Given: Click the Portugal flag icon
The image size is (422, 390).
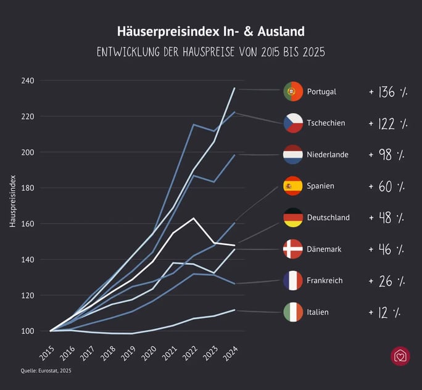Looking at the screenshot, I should (292, 91).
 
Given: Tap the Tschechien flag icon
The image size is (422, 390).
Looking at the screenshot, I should (292, 123).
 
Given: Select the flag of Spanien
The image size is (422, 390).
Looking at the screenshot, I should (292, 186).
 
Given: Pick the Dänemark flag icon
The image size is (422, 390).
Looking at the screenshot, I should (292, 249).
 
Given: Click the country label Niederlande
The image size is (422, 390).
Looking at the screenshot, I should (328, 154).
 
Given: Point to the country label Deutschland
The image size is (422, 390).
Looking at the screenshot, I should (328, 217).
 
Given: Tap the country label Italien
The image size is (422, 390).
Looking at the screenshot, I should (318, 312).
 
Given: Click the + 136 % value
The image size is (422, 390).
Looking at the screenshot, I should (388, 92).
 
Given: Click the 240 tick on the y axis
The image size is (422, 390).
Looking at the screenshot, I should (27, 81).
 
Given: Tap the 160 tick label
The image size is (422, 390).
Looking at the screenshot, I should (27, 224).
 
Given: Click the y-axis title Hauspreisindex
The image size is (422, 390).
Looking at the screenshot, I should (12, 201).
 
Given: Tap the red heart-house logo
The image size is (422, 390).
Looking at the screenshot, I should (400, 357).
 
